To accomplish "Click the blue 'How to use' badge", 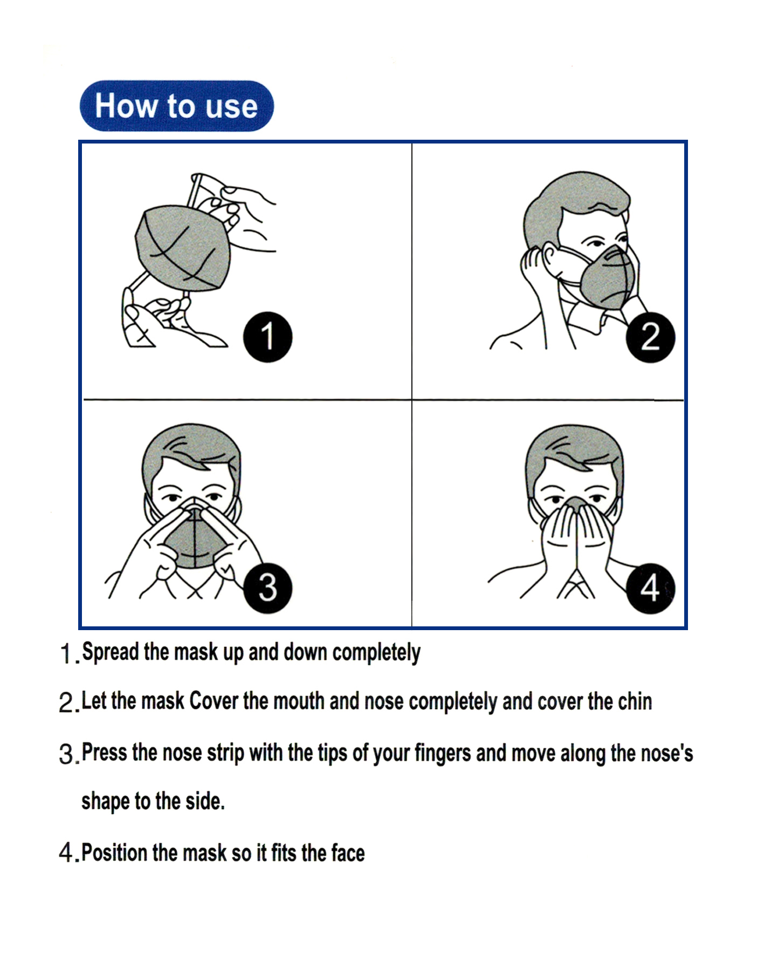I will tap(176, 106).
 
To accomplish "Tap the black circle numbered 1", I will tap(267, 337).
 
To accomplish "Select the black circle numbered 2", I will tap(650, 337).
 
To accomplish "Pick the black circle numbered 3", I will tap(267, 588).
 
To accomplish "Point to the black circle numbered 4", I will tap(650, 588).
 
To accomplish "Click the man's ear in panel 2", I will tap(549, 258).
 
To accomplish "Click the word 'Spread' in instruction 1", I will tap(111, 652).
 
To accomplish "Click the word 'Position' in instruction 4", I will tap(114, 853).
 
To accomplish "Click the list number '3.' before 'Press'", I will tap(68, 754).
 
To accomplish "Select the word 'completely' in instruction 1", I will tap(376, 652).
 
